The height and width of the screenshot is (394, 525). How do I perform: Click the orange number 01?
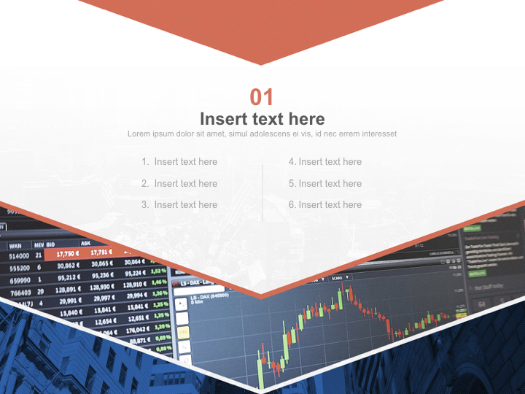[x=262, y=97]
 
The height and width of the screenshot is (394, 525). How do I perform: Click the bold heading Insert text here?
[x=262, y=119]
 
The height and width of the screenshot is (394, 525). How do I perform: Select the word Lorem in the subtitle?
[x=139, y=134]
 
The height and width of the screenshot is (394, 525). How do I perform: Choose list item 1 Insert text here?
[x=179, y=162]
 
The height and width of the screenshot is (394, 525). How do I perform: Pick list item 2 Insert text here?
[x=179, y=184]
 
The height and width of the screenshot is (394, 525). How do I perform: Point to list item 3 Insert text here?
[x=179, y=205]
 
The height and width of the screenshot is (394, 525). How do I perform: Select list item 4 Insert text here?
[x=325, y=162]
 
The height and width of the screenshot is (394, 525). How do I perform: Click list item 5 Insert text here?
[x=325, y=184]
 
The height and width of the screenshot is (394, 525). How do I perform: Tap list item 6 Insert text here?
[x=325, y=205]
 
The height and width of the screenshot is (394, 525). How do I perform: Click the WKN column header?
[x=16, y=244]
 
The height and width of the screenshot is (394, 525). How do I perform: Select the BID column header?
[x=50, y=244]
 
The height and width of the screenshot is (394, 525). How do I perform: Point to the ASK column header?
[x=85, y=244]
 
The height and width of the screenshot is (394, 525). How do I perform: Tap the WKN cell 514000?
[x=19, y=256]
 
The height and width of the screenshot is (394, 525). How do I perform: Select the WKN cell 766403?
[x=20, y=292]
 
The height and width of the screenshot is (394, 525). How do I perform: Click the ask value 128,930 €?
[x=103, y=287]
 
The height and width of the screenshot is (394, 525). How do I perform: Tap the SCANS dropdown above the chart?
[x=338, y=278]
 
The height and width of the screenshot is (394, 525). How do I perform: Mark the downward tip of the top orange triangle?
[x=261, y=64]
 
